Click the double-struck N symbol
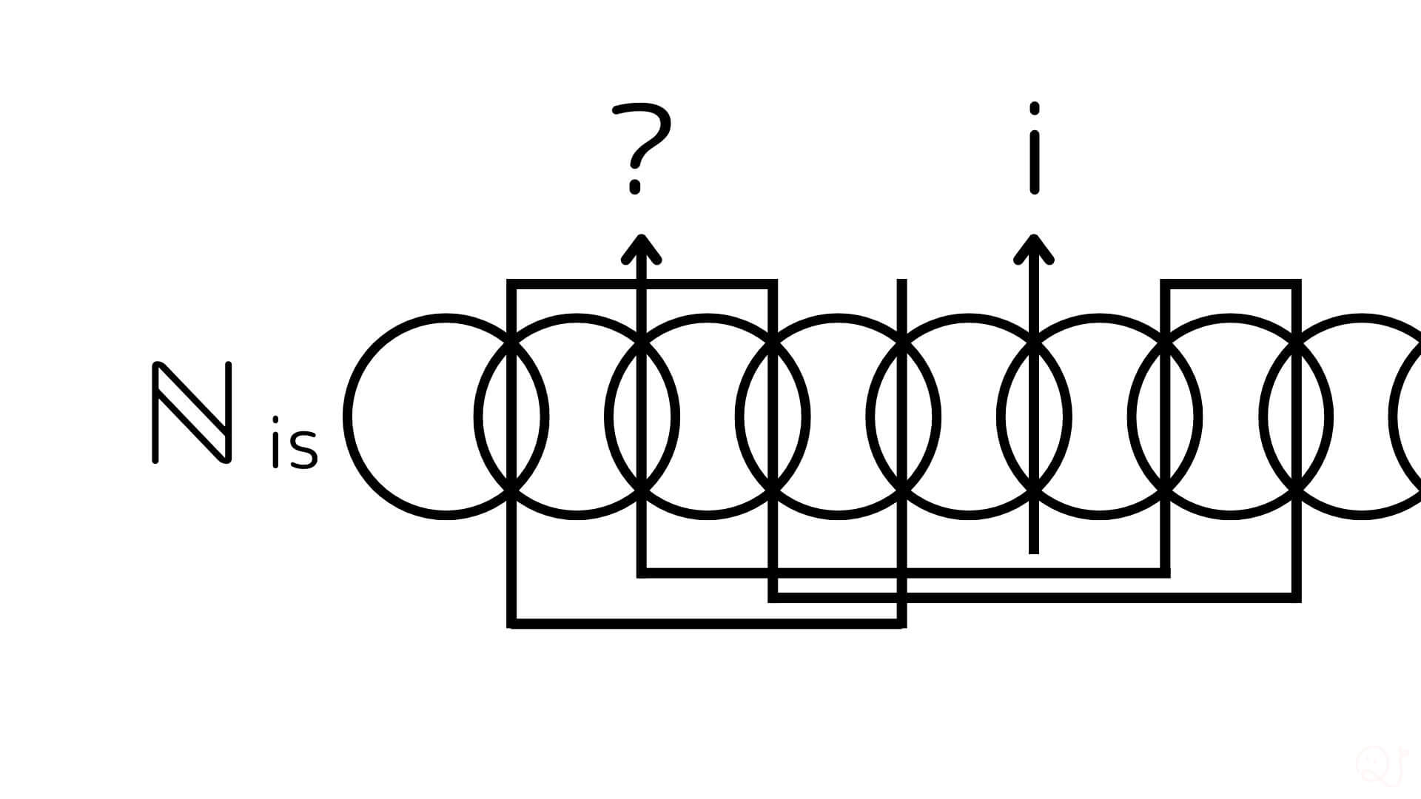click(192, 413)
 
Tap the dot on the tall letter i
click(1034, 109)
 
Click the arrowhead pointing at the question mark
click(641, 249)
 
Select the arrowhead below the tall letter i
click(1034, 249)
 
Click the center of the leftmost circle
click(446, 417)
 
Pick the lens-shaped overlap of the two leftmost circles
click(511, 417)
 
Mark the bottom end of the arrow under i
click(1034, 550)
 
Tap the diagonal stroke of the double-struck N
click(192, 413)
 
